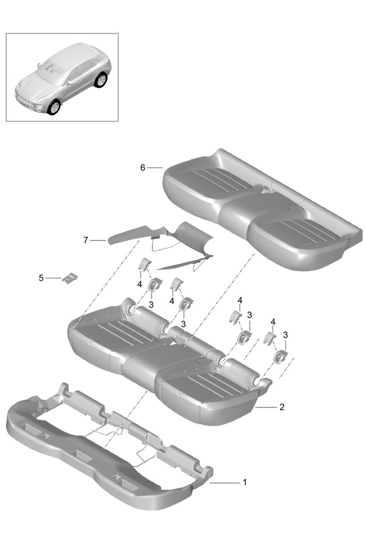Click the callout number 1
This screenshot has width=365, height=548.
tap(245, 482)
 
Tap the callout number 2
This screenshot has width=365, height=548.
tap(282, 407)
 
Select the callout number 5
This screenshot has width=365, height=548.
tap(41, 278)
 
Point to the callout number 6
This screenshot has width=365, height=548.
tap(142, 168)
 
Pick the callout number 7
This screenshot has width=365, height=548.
tap(86, 241)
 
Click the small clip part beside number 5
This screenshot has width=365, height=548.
tap(70, 278)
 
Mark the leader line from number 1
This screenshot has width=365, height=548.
tap(224, 483)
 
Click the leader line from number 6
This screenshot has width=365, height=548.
tap(155, 168)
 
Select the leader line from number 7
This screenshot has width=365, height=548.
tap(98, 241)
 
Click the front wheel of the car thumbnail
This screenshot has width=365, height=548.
tap(54, 107)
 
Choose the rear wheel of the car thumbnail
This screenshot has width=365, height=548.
tap(100, 80)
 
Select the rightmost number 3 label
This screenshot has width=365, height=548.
tap(285, 335)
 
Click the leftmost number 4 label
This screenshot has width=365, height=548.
tap(140, 284)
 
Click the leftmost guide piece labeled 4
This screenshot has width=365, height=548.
tap(144, 264)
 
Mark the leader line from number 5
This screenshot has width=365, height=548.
tap(54, 278)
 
